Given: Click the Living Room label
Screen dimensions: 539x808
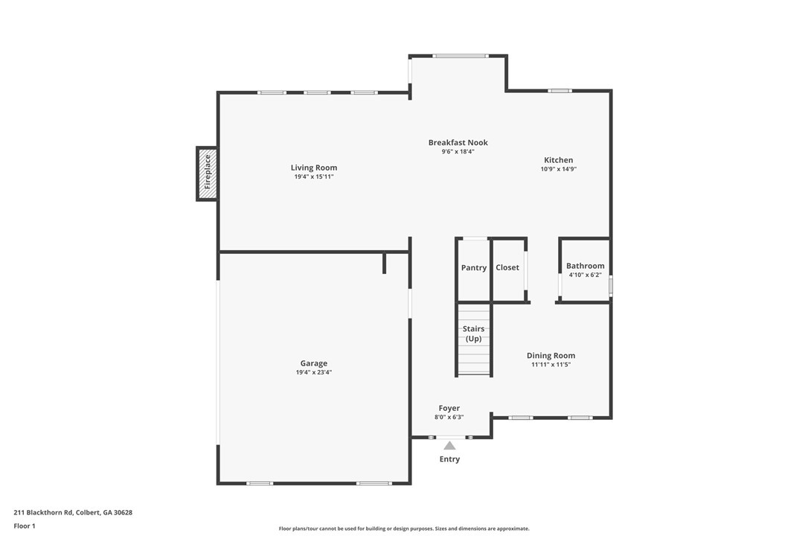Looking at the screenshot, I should (x=313, y=168).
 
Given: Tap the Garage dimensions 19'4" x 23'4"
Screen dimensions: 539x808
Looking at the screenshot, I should (x=313, y=372).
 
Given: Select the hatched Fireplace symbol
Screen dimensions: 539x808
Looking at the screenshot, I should (x=208, y=173).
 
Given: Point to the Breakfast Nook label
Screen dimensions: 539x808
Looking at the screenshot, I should (x=458, y=142).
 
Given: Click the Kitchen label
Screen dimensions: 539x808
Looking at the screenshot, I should (x=558, y=160).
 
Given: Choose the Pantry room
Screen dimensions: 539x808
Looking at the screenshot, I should (x=473, y=268).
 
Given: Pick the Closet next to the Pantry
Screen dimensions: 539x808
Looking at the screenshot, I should (x=507, y=268).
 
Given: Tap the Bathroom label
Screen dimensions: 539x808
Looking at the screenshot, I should (x=585, y=266).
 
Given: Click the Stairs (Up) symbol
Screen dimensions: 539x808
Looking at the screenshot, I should (x=473, y=339).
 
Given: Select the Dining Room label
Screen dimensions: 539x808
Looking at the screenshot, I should (x=551, y=356).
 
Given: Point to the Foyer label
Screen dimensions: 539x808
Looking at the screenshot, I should (x=449, y=408).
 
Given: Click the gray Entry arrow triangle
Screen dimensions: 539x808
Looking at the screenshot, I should (x=449, y=445).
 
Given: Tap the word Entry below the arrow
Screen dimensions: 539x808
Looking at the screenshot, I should (x=449, y=459).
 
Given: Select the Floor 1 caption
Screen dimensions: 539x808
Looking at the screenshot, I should (x=25, y=526).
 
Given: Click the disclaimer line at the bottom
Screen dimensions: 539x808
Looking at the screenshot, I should (x=404, y=529).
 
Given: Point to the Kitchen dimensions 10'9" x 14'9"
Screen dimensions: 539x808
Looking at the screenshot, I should (x=558, y=169).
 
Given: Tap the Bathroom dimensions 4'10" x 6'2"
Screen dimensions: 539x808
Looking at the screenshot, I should (x=585, y=275).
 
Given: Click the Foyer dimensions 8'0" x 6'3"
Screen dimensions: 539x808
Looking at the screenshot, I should (x=449, y=417).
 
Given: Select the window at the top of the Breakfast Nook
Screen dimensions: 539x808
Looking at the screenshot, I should (x=460, y=56).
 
